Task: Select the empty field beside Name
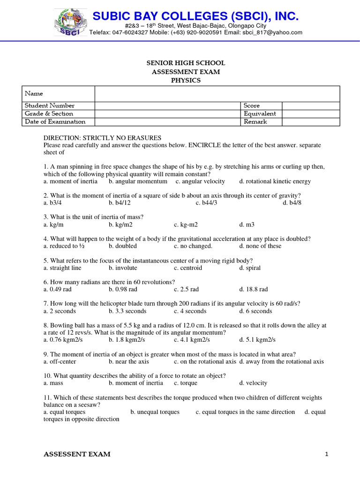coord(217,94)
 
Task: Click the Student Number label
coord(50,105)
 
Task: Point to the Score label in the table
coord(252,105)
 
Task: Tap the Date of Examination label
coord(55,121)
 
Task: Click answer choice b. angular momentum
coord(138,181)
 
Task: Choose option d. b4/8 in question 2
coord(292,202)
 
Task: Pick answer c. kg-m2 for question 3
coord(186,225)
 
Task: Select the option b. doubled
coord(123,246)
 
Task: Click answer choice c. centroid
coord(188,268)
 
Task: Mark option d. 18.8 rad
coord(254,289)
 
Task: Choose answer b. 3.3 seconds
coord(127,311)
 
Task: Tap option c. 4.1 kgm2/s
coord(192,339)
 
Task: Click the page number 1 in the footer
coord(325,454)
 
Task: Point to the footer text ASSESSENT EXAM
coord(77,454)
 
